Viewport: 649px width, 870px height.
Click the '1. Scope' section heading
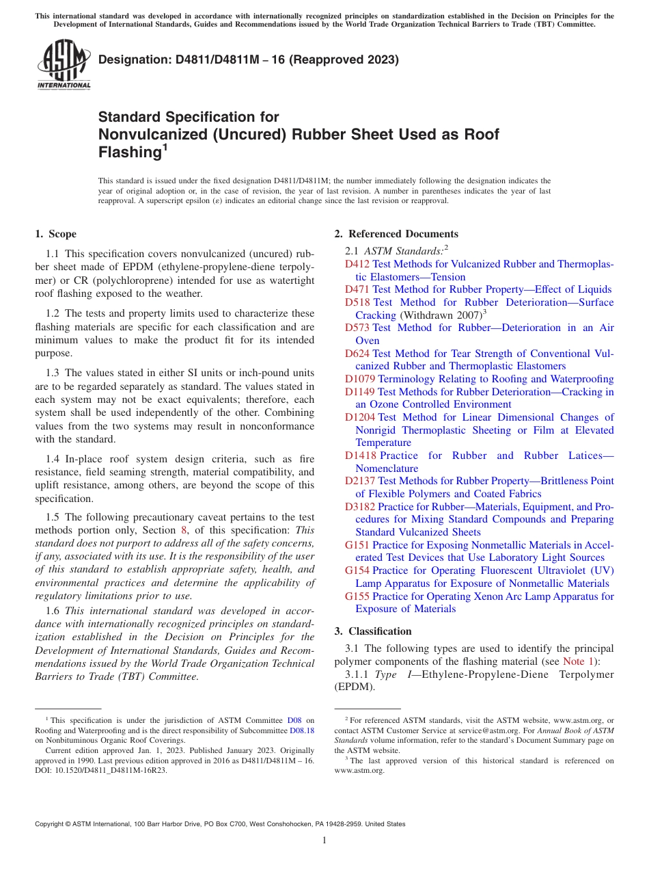[56, 234]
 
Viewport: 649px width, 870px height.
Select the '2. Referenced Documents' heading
[396, 234]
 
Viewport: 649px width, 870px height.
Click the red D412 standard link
[357, 264]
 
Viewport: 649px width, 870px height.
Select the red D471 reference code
[357, 289]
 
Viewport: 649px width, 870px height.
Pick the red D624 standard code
[357, 354]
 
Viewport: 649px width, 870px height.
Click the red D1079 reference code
[359, 379]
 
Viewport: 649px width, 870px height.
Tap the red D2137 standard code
[359, 481]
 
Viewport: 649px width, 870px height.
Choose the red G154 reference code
[357, 570]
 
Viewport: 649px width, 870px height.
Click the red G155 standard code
[357, 596]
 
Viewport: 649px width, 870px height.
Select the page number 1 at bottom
[324, 840]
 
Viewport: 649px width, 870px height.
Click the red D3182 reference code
[359, 507]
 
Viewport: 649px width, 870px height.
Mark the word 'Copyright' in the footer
[51, 824]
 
